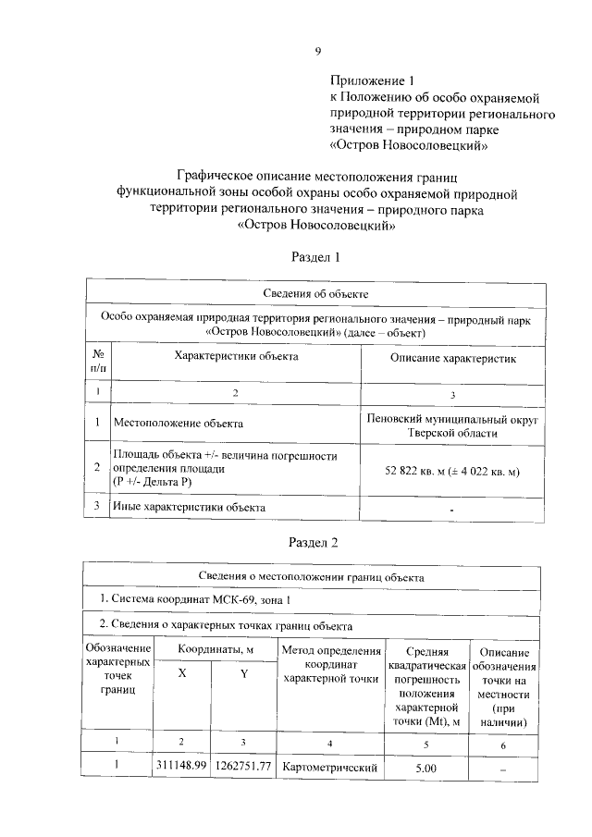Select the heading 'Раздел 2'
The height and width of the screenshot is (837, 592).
(x=316, y=541)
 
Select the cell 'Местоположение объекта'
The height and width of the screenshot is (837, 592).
(x=179, y=424)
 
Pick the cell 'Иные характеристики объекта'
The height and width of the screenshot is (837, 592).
(x=189, y=507)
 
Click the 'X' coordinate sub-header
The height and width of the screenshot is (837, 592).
(x=181, y=674)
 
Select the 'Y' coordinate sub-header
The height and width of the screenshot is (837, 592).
(x=243, y=674)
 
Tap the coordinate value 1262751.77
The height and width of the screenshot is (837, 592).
(x=243, y=766)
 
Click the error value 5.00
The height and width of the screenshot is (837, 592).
(x=425, y=768)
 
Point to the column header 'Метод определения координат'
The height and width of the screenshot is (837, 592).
(x=331, y=665)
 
